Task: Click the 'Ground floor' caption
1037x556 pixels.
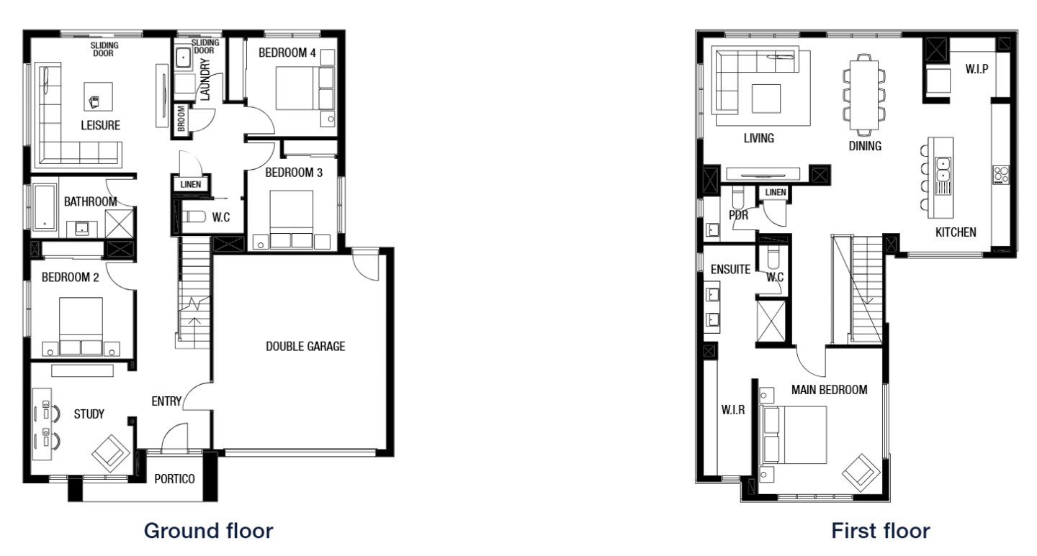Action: tap(208, 532)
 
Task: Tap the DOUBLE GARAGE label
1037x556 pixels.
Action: tap(305, 347)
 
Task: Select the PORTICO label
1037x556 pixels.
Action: tap(176, 478)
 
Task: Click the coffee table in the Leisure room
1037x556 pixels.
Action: tap(98, 99)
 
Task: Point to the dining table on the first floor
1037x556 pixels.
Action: tap(863, 95)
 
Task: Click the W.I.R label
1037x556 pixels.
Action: tap(732, 411)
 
